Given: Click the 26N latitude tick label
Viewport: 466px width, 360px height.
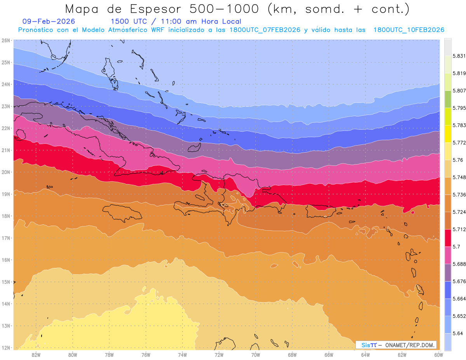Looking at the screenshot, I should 5,40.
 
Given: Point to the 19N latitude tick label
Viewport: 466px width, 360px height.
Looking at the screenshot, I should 5,194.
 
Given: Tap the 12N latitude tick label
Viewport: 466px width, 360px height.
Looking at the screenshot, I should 5,348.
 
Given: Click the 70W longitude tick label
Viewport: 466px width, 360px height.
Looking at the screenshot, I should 256,355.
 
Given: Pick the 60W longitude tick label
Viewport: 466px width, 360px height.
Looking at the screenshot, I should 438,355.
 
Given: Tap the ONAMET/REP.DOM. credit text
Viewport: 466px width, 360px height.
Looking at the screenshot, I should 410,345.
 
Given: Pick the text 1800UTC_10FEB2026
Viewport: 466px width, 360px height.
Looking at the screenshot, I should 409,30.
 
